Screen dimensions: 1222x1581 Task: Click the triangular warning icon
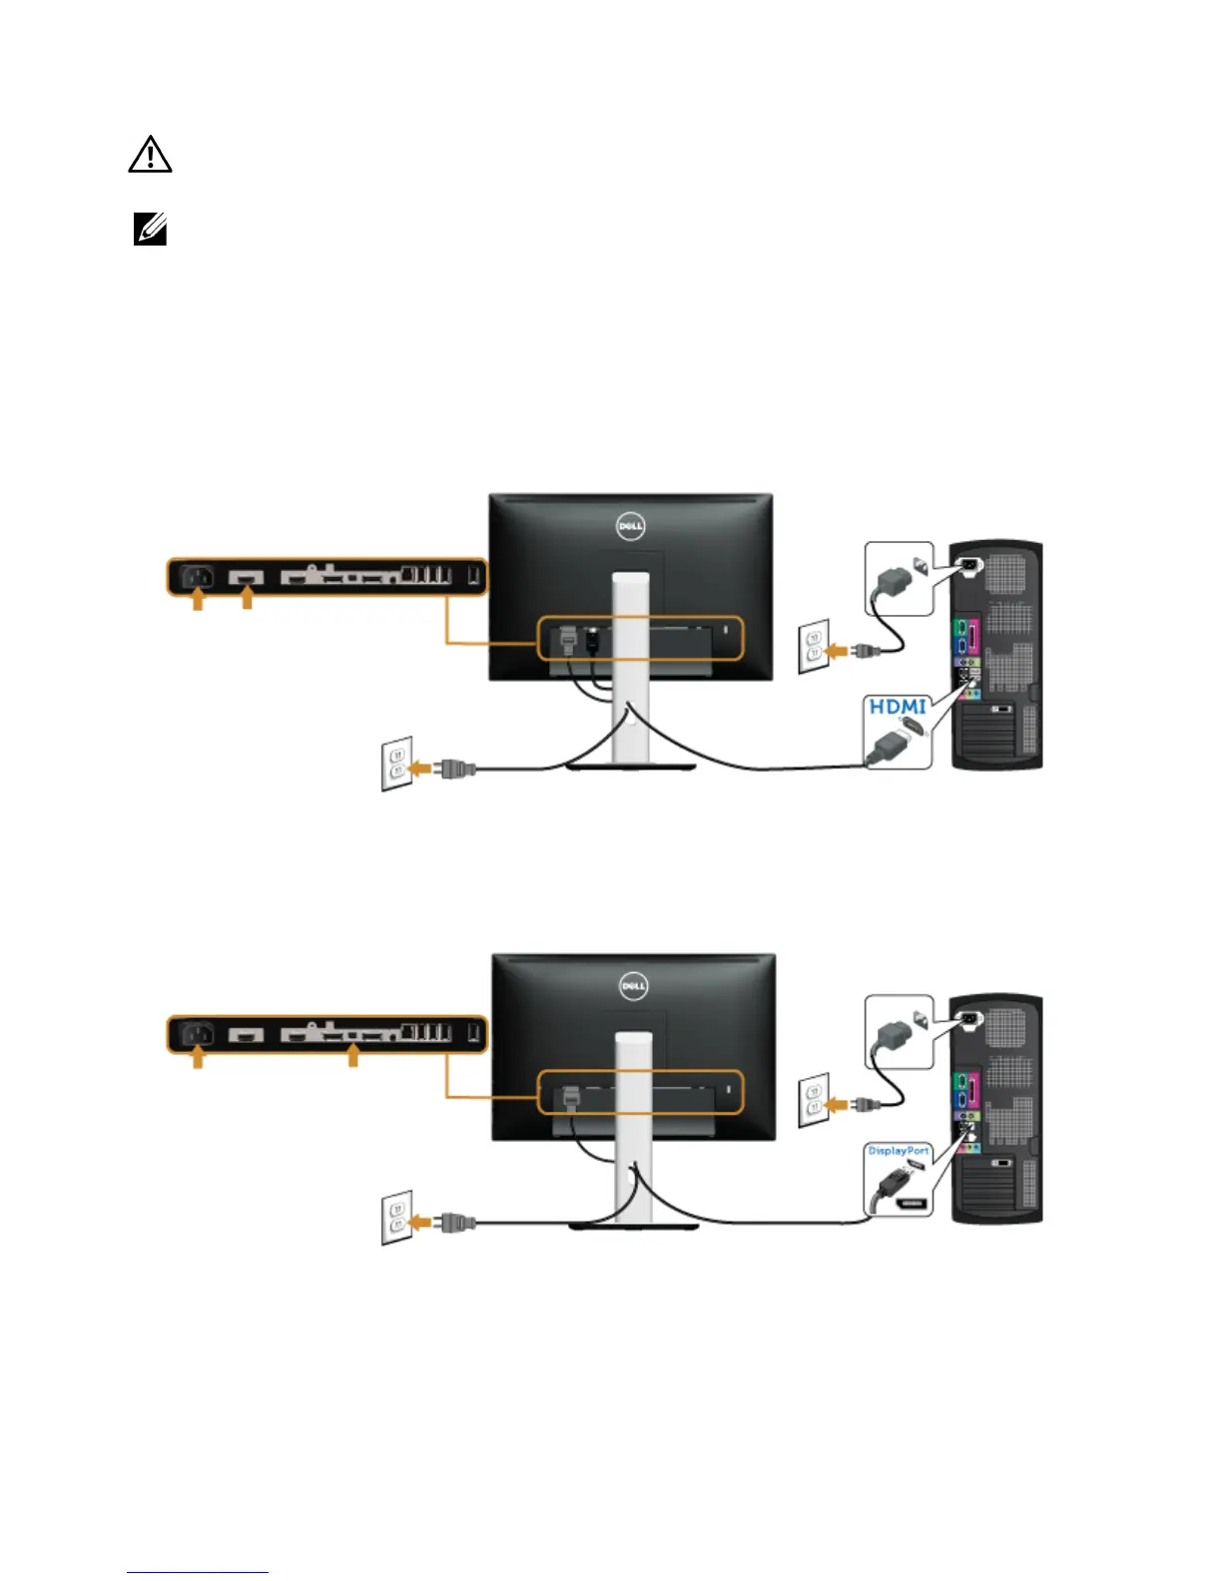click(150, 156)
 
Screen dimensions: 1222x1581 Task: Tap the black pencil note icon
click(150, 231)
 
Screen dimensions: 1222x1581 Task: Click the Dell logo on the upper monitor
click(630, 526)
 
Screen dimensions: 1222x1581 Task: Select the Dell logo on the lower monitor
click(634, 986)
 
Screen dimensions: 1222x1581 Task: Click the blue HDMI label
click(898, 707)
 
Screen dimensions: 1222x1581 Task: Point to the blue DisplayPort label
click(899, 1151)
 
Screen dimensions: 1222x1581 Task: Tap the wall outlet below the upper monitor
click(397, 764)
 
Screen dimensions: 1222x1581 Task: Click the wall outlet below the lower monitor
click(397, 1217)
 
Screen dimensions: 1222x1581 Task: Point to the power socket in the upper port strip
click(198, 576)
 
